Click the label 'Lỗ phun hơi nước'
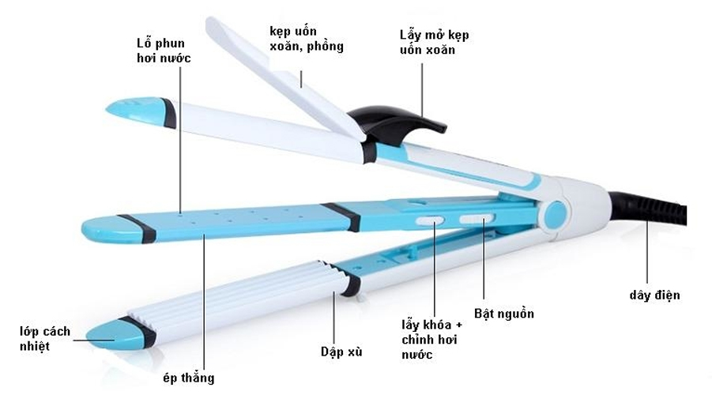(x=164, y=51)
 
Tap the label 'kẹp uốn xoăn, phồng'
(x=307, y=39)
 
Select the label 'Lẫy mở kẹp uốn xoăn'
(x=434, y=42)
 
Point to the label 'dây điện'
(x=654, y=295)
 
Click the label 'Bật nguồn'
(x=503, y=314)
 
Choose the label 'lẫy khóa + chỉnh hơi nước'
(x=431, y=339)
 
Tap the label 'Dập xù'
(x=341, y=352)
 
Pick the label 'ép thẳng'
(x=188, y=378)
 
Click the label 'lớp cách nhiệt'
(x=45, y=339)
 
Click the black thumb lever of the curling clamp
(x=400, y=123)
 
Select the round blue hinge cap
(x=555, y=215)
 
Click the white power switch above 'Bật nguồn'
(x=476, y=220)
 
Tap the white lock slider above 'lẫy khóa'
(x=429, y=221)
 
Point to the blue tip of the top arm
(x=136, y=110)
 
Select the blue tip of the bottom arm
(x=116, y=335)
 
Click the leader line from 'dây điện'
(x=646, y=254)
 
